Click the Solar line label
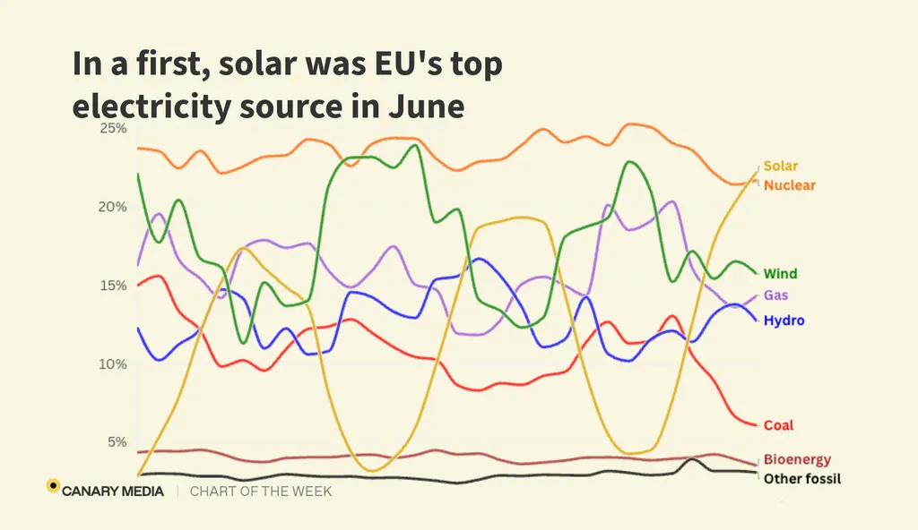coord(780,166)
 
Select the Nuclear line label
coord(789,185)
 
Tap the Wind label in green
coord(780,274)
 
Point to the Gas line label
coord(776,295)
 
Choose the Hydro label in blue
coord(784,321)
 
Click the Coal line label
coord(778,425)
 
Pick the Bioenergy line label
coord(797,459)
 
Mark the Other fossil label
coord(802,479)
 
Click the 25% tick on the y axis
coord(112,129)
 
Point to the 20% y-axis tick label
coord(112,207)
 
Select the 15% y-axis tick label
coord(112,286)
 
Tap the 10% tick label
coord(112,364)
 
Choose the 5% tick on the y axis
coord(116,442)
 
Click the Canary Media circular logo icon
coord(53,486)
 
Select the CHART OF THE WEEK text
coord(261,492)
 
